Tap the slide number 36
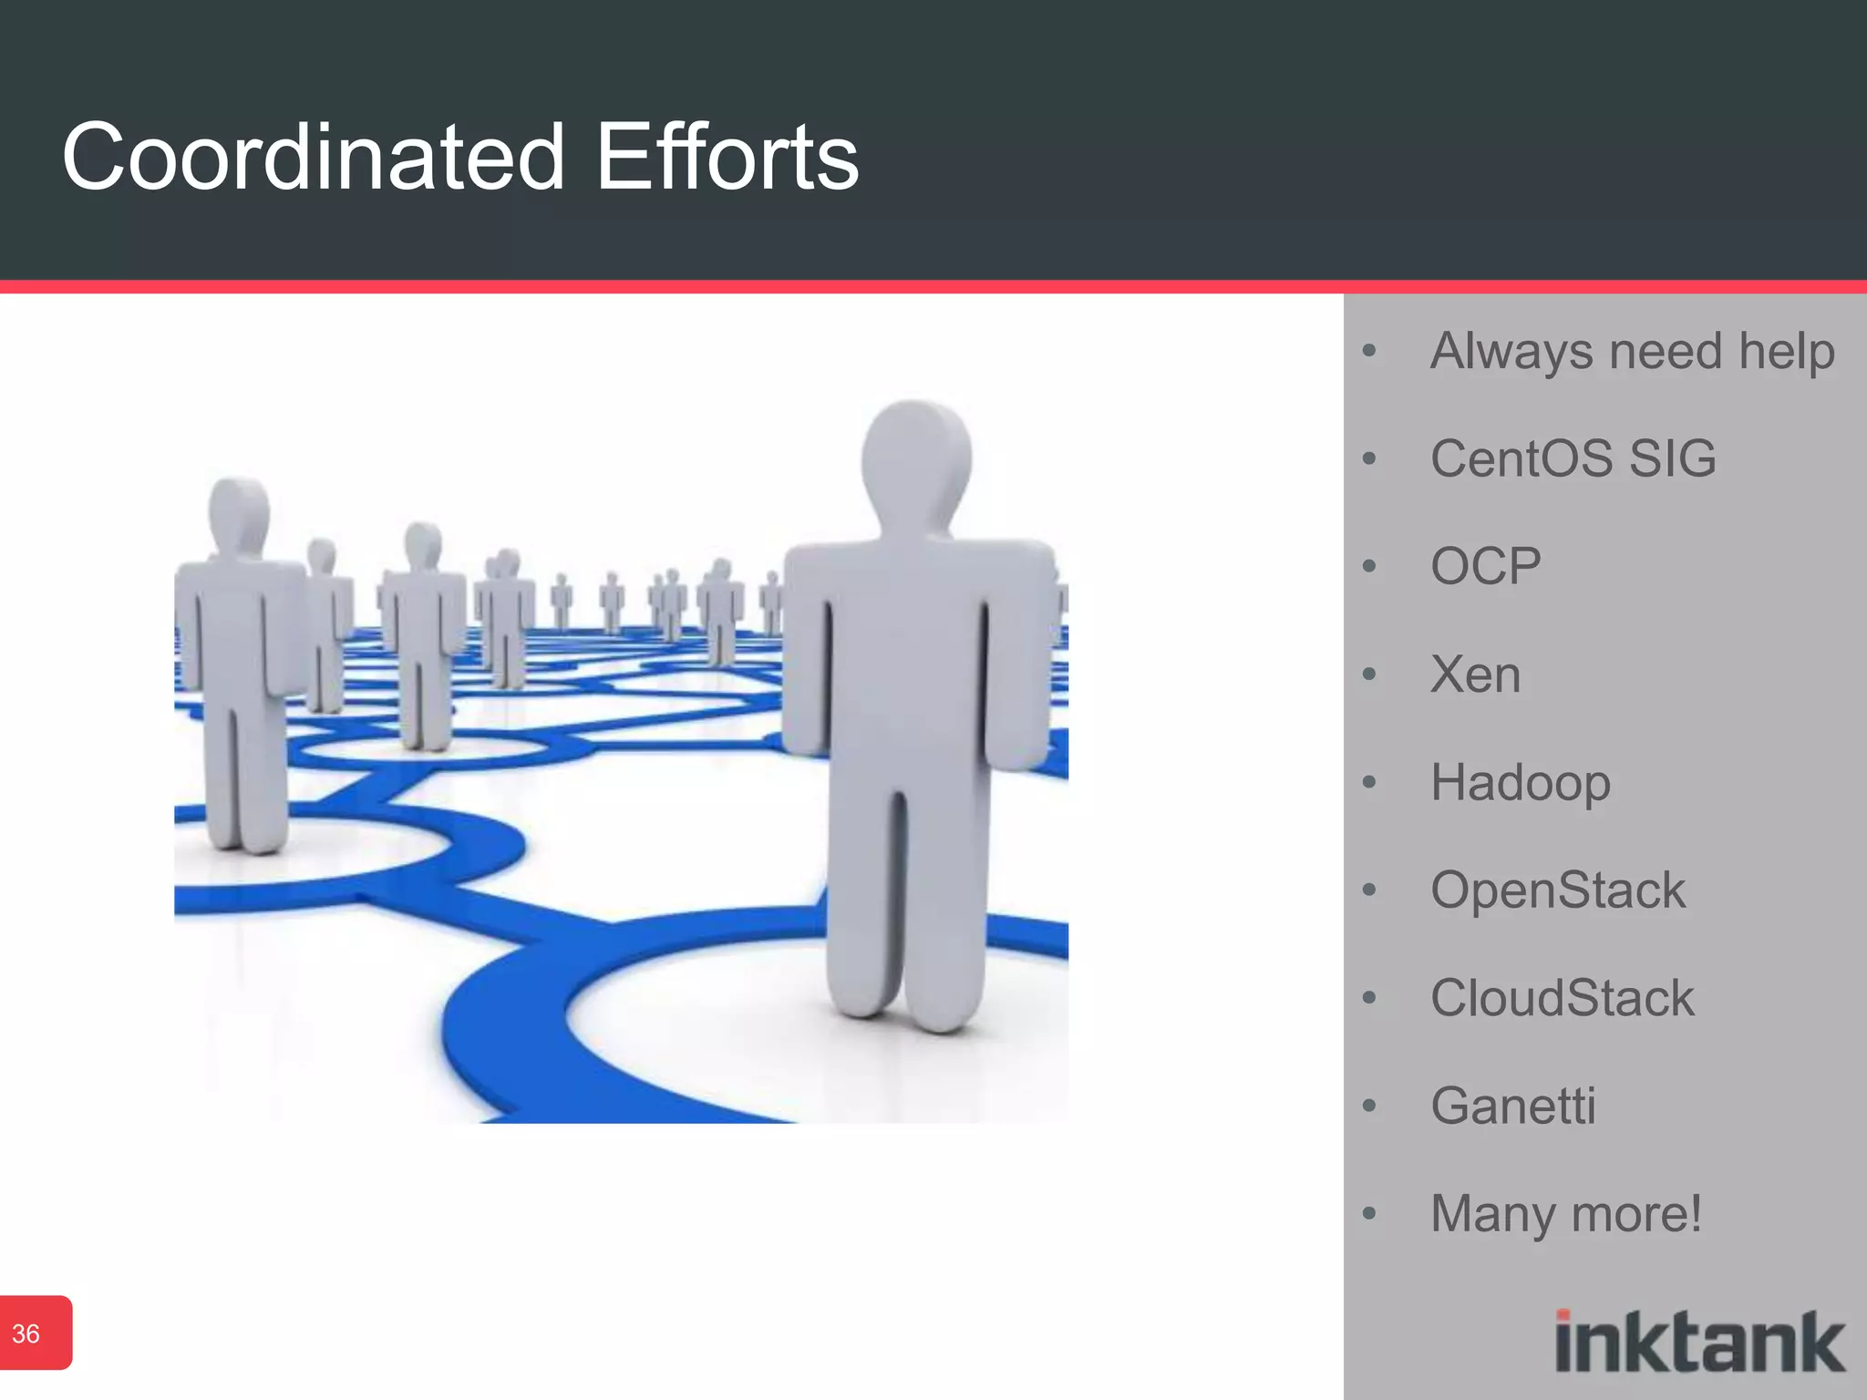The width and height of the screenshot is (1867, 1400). tap(26, 1333)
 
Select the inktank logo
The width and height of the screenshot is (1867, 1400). tap(1699, 1341)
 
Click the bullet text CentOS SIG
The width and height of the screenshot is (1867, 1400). tap(1573, 458)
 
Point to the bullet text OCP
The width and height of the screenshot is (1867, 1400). tap(1485, 566)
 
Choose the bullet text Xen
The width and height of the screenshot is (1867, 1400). tap(1475, 674)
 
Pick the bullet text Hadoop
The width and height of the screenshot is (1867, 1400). tap(1520, 782)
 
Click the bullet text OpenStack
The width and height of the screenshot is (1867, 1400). tap(1557, 890)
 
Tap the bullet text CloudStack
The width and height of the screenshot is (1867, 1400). tap(1562, 997)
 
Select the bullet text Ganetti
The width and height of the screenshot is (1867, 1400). tap(1512, 1106)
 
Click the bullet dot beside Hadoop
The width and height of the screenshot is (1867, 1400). tap(1368, 782)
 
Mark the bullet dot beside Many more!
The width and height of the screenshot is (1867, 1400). tap(1368, 1213)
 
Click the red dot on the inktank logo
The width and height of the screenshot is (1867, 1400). tap(1563, 1315)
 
